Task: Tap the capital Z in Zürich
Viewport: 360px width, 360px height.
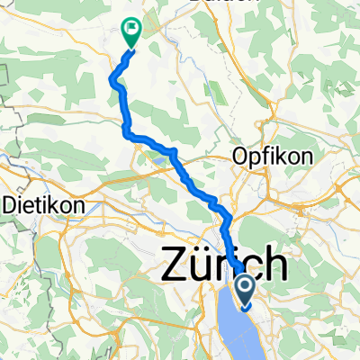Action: click(175, 265)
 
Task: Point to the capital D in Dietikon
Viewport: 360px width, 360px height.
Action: click(11, 204)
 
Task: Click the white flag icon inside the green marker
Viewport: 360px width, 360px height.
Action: click(132, 29)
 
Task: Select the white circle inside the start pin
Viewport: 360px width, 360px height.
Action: click(246, 287)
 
